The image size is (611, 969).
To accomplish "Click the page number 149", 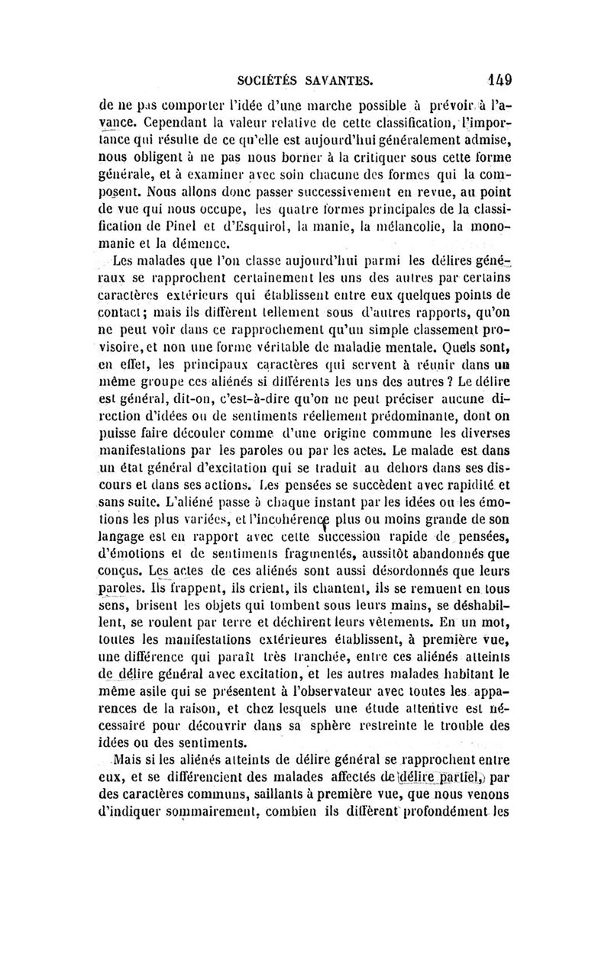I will [x=496, y=78].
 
